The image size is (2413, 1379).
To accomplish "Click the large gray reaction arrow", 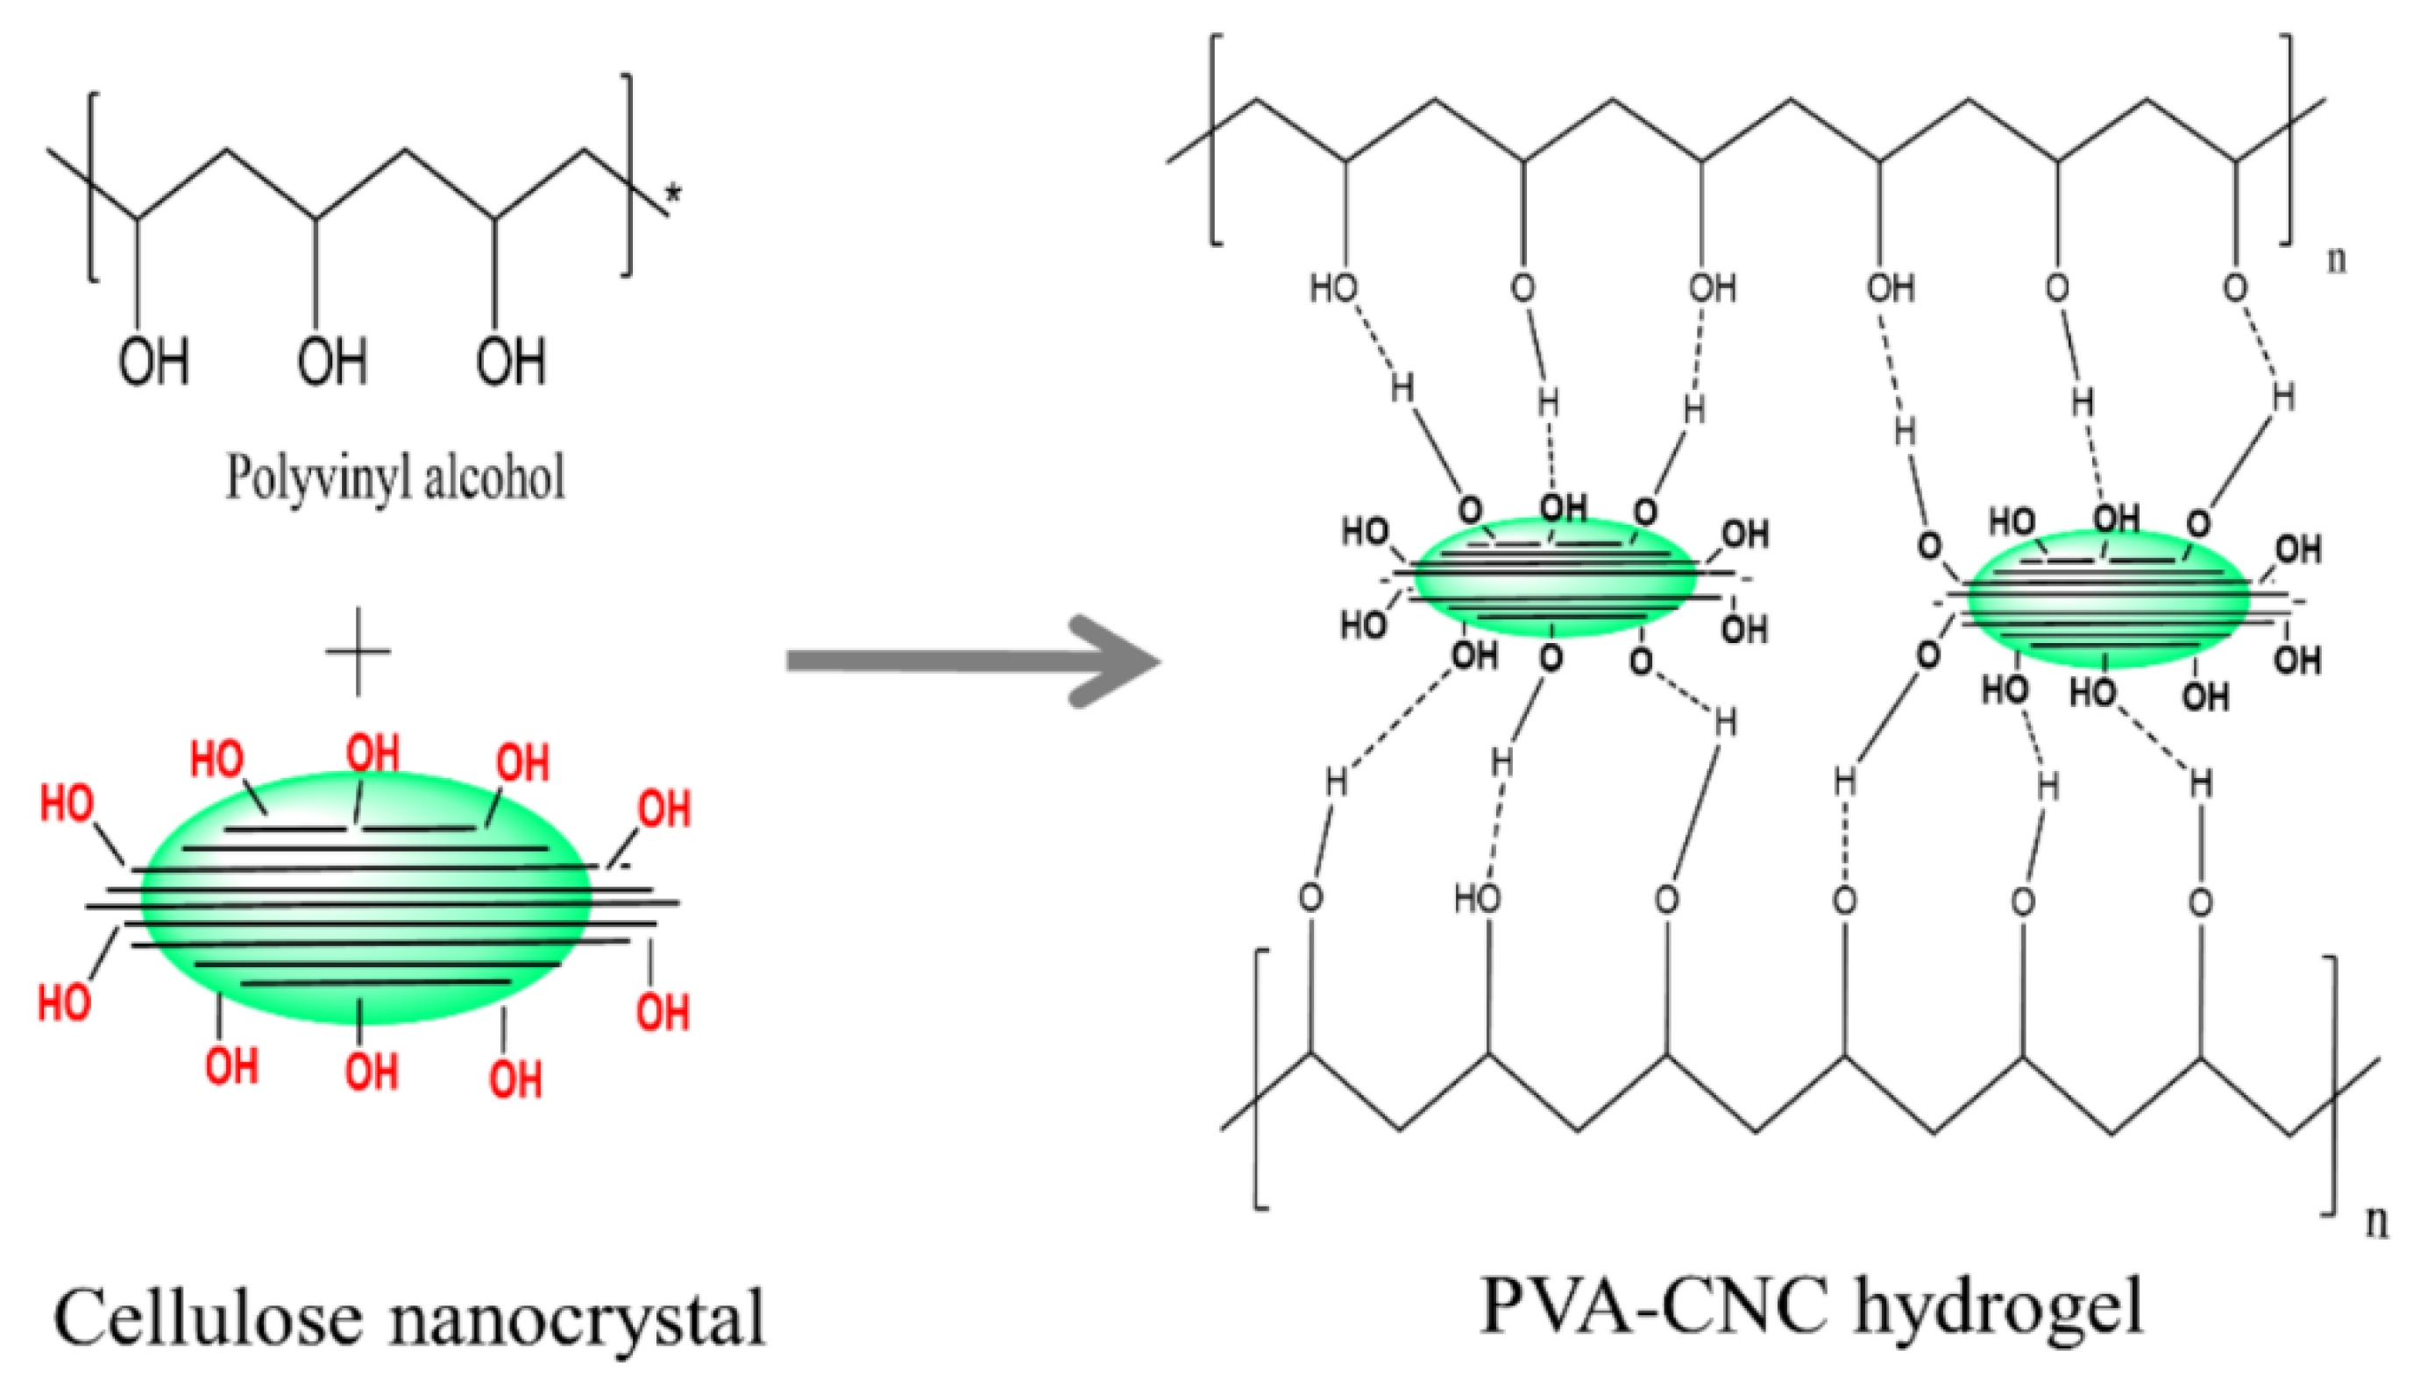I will pyautogui.click(x=966, y=660).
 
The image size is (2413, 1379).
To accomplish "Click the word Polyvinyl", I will pyautogui.click(x=317, y=477).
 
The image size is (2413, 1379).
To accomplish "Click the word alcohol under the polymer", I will pyautogui.click(x=493, y=476).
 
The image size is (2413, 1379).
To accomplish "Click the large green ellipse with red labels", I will pyautogui.click(x=365, y=898).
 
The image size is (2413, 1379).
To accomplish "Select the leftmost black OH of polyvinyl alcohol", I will pyautogui.click(x=153, y=362).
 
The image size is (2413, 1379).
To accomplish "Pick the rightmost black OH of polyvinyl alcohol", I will pyautogui.click(x=511, y=362).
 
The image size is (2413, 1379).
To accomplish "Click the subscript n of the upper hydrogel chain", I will pyautogui.click(x=2338, y=258).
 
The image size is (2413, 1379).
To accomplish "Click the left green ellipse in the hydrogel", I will pyautogui.click(x=1554, y=577).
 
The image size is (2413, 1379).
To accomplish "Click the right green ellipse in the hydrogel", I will pyautogui.click(x=2108, y=599).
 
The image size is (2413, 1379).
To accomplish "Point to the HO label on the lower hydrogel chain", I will pyautogui.click(x=1477, y=898).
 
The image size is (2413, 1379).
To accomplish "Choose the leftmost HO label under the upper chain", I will pyautogui.click(x=1333, y=287).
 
